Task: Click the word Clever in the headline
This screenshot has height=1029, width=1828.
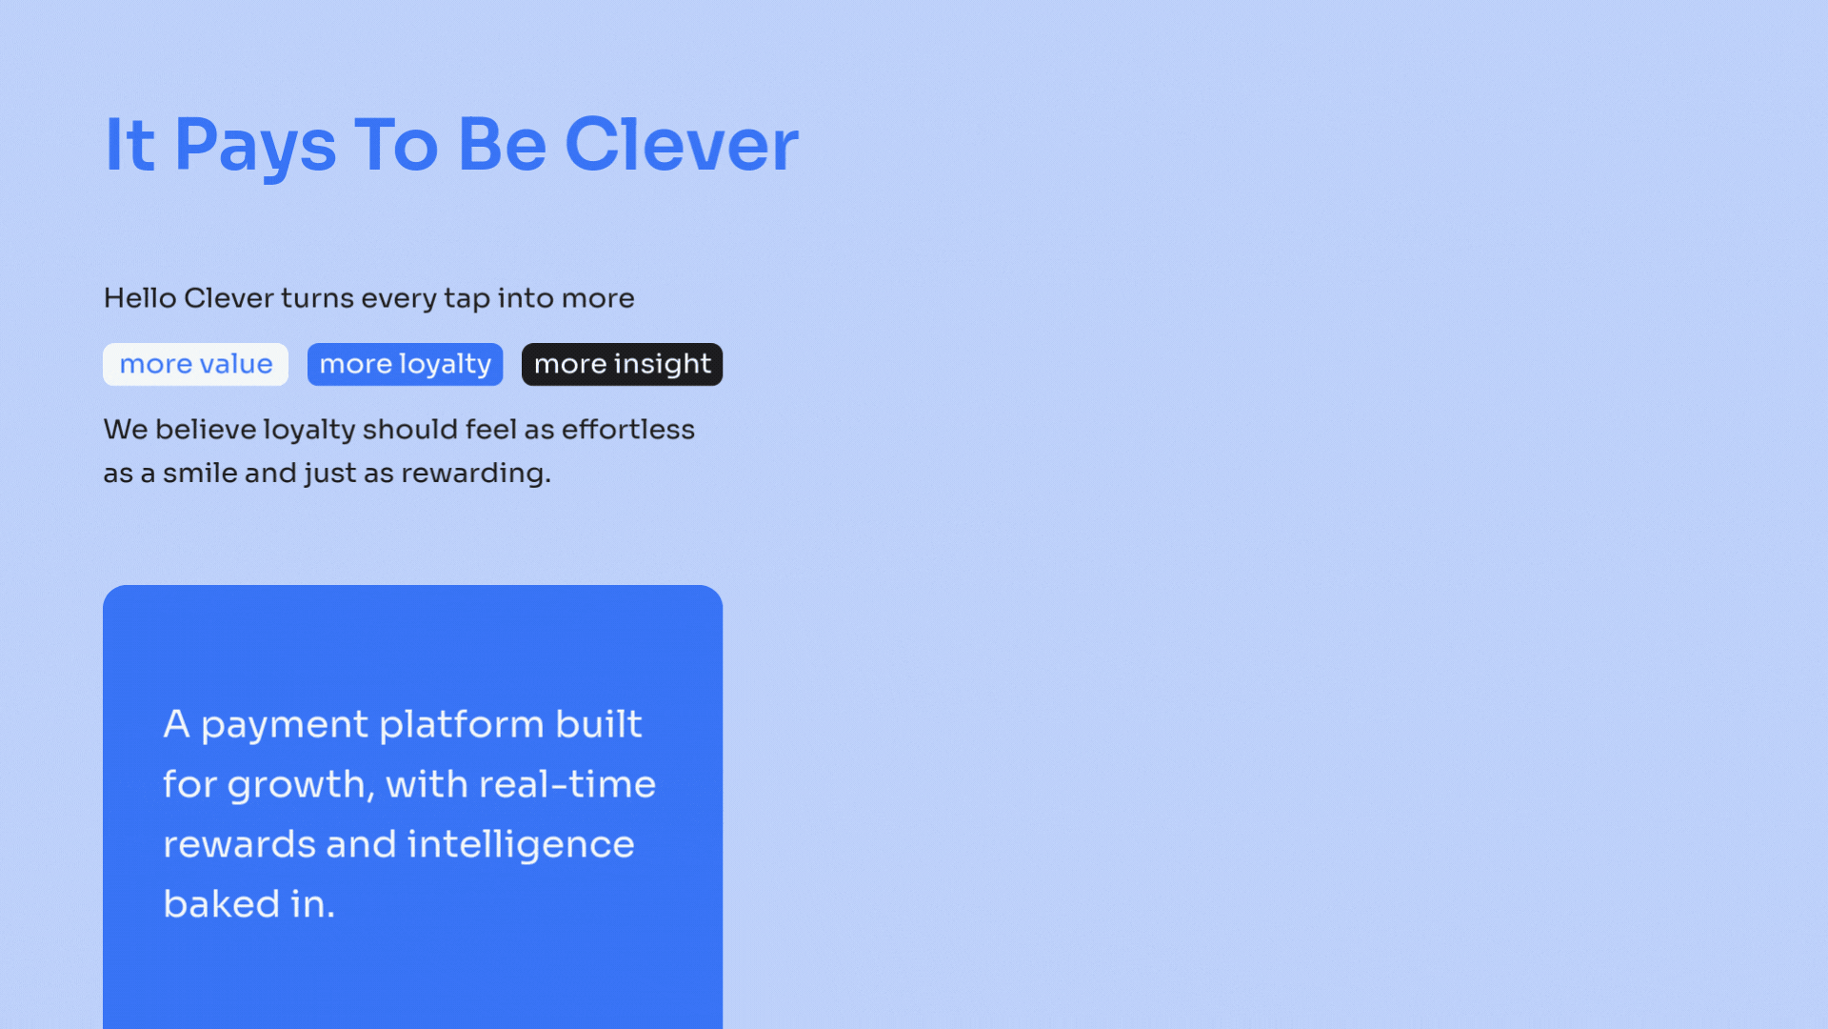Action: click(682, 145)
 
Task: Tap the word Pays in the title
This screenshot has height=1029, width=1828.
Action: click(255, 148)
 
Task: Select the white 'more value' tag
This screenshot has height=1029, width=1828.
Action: click(195, 364)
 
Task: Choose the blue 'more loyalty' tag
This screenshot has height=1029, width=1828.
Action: click(405, 364)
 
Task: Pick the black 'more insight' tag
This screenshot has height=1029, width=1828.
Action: click(622, 364)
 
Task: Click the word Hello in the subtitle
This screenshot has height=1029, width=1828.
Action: click(140, 298)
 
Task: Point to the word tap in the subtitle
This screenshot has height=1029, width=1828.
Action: click(467, 300)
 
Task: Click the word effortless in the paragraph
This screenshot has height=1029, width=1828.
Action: click(628, 430)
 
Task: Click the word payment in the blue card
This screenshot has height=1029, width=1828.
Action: click(285, 726)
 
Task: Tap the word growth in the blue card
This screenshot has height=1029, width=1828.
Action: click(301, 786)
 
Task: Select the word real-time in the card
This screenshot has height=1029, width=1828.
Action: click(567, 784)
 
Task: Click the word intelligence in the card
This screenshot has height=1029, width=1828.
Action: click(521, 846)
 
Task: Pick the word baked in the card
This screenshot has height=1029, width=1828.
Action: click(222, 903)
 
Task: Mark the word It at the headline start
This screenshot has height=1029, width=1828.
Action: click(129, 145)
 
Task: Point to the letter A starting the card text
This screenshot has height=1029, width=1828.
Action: click(176, 724)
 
